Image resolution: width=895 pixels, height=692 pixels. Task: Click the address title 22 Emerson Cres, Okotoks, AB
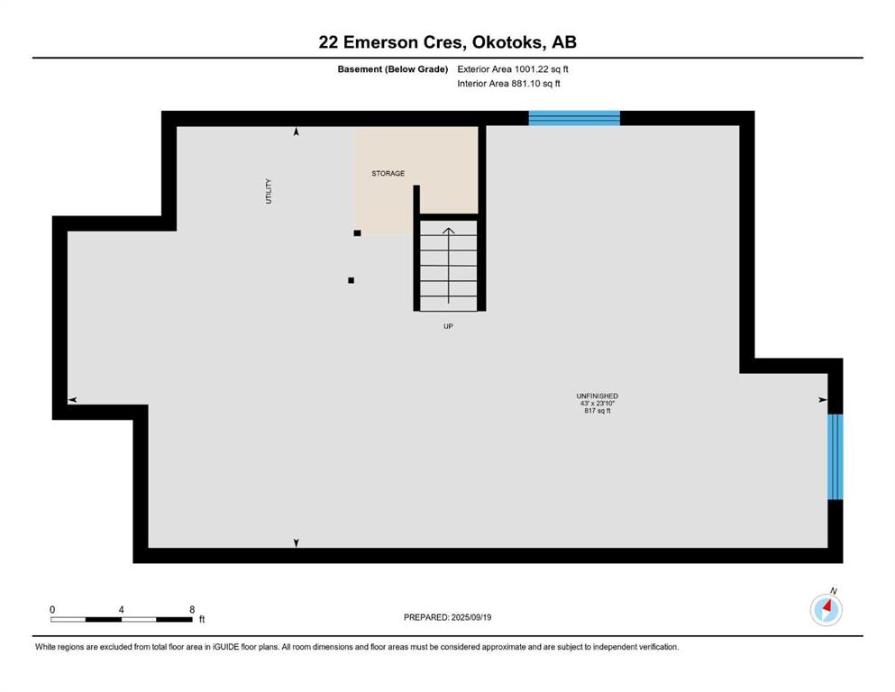(447, 42)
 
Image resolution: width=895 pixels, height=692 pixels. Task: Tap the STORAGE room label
(388, 173)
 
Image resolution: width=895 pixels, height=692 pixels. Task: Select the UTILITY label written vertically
(269, 191)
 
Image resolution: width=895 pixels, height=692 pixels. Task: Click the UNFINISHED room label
(597, 396)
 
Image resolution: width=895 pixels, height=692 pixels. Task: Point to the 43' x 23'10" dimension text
(597, 403)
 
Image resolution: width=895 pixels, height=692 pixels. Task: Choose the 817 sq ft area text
(597, 411)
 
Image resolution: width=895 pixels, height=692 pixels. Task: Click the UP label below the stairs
(448, 326)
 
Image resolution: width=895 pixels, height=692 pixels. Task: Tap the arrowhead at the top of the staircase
(448, 231)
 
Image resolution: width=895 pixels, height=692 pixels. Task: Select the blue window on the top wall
(574, 118)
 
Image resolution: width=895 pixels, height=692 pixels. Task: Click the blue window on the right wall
(836, 456)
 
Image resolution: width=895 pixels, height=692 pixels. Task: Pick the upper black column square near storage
(357, 233)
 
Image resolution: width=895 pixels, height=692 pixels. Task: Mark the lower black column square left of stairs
(351, 280)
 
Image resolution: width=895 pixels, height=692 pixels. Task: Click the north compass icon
(826, 609)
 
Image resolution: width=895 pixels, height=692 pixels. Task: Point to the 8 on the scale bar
(192, 609)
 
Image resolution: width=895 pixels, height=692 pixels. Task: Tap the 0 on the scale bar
(52, 609)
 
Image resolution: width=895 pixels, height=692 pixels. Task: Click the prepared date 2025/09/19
(447, 617)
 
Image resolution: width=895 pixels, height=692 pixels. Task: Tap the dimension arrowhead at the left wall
(72, 399)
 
